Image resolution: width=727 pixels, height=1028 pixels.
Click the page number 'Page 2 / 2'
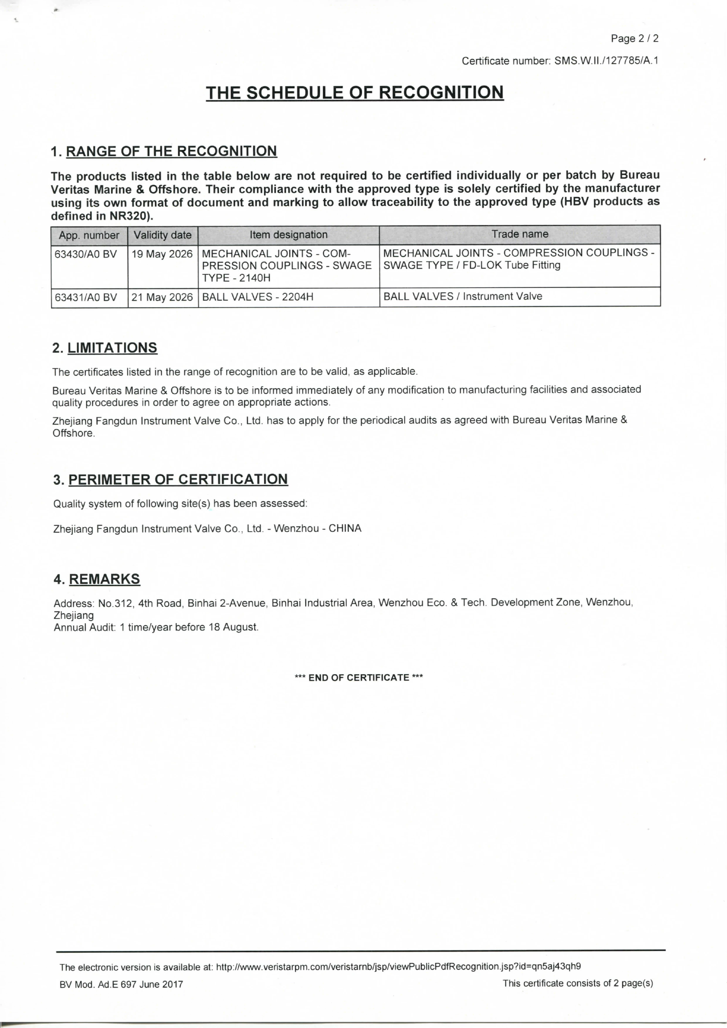click(x=634, y=38)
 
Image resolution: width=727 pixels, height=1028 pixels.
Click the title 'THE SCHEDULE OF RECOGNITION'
click(x=355, y=93)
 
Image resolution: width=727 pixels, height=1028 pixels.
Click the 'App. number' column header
click(x=89, y=235)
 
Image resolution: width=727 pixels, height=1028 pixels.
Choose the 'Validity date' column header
click(x=162, y=235)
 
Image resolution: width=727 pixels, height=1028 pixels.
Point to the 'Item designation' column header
click(x=289, y=235)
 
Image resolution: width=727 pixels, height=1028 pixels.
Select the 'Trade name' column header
click(x=520, y=234)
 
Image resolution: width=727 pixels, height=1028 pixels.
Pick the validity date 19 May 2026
click(x=162, y=254)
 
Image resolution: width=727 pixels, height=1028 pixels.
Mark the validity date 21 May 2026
click(x=162, y=297)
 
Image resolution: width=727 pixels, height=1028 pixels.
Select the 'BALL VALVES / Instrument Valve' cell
click(x=463, y=296)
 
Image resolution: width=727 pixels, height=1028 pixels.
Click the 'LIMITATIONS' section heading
click(x=112, y=348)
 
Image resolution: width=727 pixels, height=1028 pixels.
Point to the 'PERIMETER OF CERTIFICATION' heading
click(x=178, y=479)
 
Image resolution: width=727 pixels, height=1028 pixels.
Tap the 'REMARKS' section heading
click(x=104, y=579)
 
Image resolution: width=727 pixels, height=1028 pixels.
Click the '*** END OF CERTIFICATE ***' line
click(x=359, y=678)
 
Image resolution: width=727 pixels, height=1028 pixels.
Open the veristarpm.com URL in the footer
click(x=398, y=966)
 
